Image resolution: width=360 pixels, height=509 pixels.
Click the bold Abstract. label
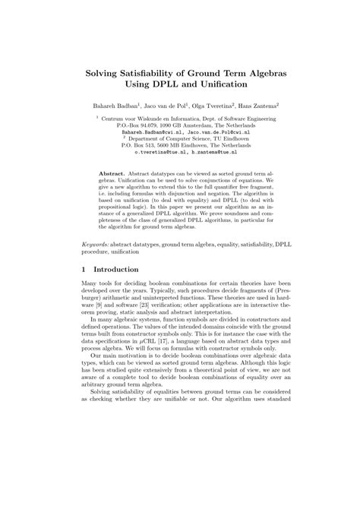112,173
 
